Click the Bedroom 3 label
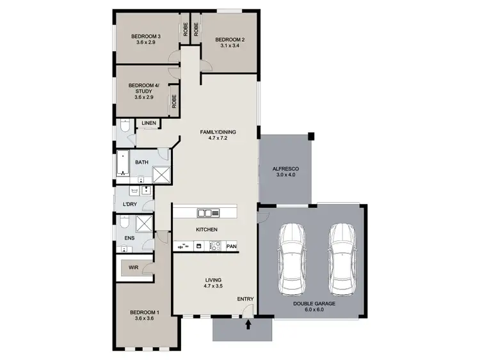(145, 36)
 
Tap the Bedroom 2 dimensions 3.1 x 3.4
(230, 47)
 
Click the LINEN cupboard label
(149, 123)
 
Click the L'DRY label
(129, 205)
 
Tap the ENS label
(129, 238)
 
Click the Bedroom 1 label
(144, 313)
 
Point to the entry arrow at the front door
(248, 325)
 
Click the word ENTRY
(245, 299)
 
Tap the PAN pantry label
(231, 246)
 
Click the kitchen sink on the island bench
(209, 213)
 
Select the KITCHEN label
(207, 230)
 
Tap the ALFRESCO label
(286, 168)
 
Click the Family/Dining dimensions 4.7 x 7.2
(218, 139)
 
